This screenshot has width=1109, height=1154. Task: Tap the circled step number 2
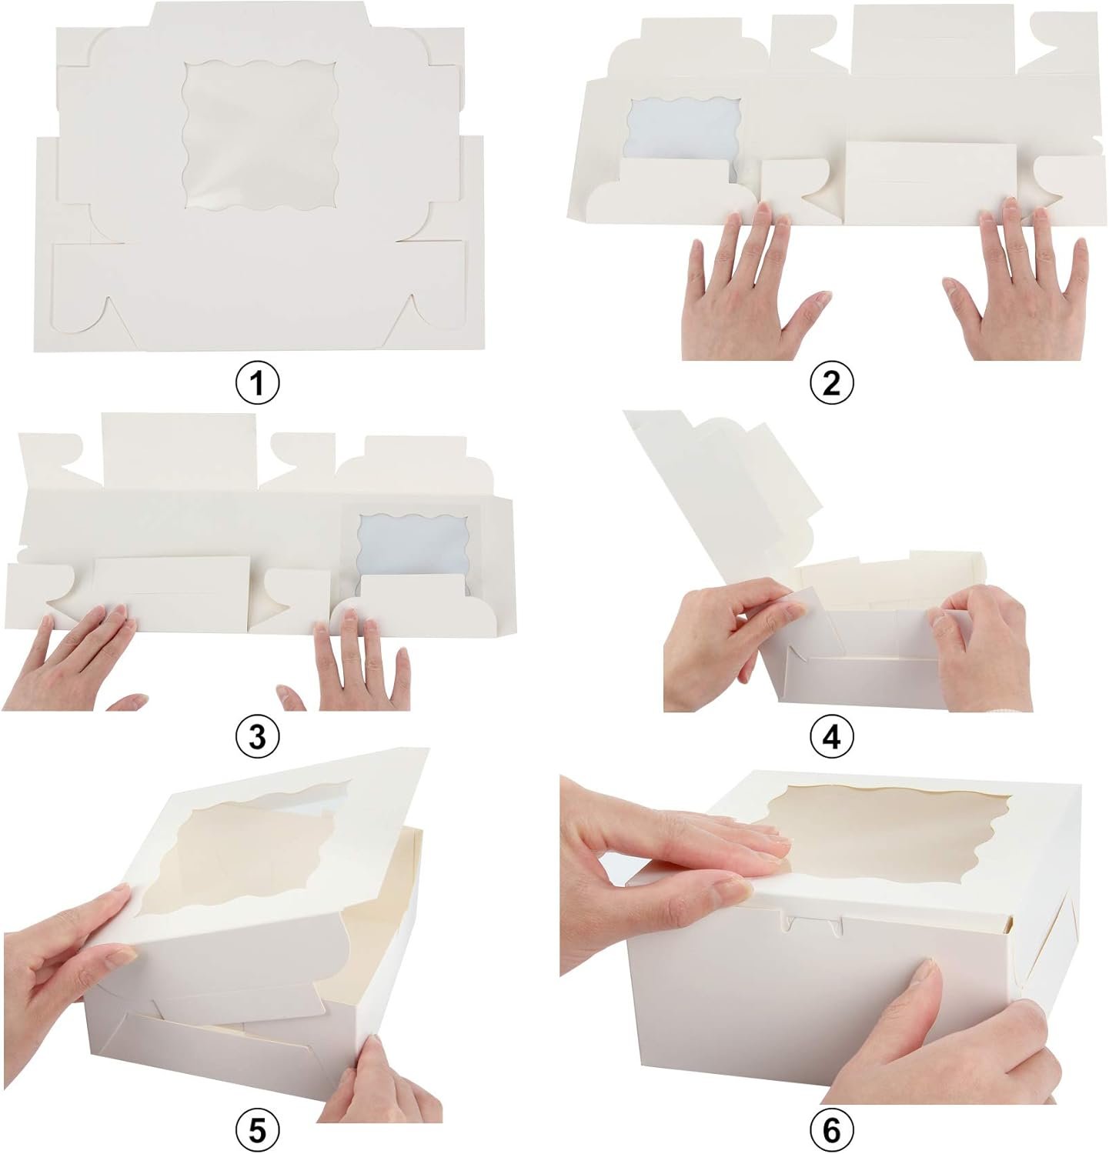(x=832, y=382)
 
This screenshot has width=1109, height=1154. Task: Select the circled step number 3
(x=257, y=737)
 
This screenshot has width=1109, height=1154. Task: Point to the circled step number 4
(x=832, y=737)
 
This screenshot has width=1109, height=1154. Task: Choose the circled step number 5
(x=257, y=1129)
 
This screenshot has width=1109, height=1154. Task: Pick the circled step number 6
(x=832, y=1129)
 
